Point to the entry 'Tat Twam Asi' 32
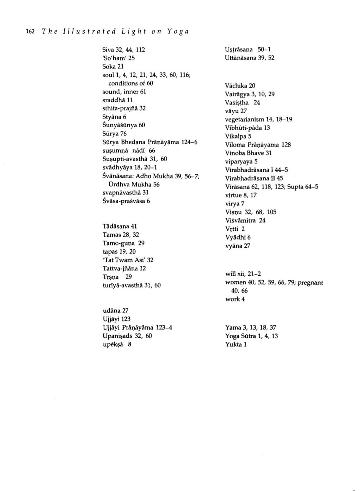pyautogui.click(x=128, y=260)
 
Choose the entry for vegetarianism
pyautogui.click(x=258, y=119)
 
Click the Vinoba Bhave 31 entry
pyautogui.click(x=248, y=153)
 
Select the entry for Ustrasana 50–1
pyautogui.click(x=247, y=50)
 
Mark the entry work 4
pyautogui.click(x=235, y=299)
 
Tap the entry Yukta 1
pyautogui.click(x=236, y=344)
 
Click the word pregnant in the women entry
pyautogui.click(x=310, y=282)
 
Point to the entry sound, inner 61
pyautogui.click(x=124, y=92)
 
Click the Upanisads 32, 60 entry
pyautogui.click(x=127, y=336)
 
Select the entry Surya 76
pyautogui.click(x=114, y=134)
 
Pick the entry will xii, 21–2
pyautogui.click(x=243, y=274)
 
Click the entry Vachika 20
pyautogui.click(x=240, y=85)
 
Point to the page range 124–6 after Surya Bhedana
pyautogui.click(x=189, y=142)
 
